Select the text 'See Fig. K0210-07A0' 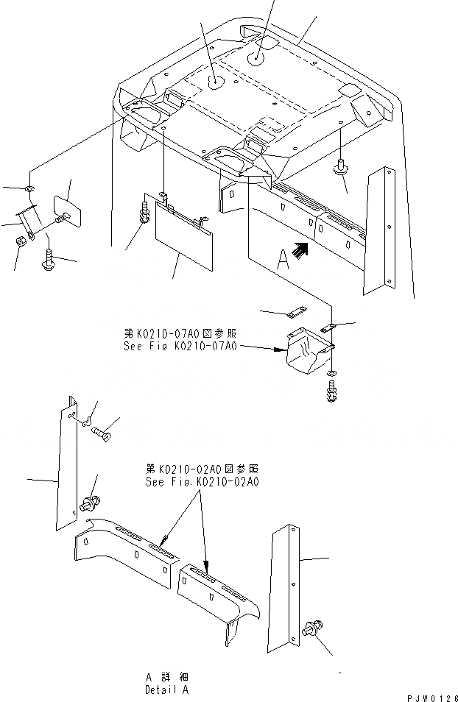[x=180, y=344]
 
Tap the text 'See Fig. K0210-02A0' [x=202, y=482]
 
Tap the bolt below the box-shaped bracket [x=331, y=392]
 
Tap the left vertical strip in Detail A [x=66, y=464]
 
